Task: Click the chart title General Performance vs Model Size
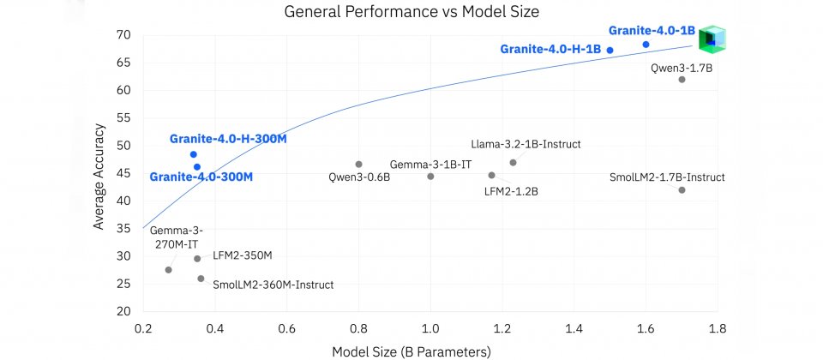coord(407,12)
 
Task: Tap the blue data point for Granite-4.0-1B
coord(646,45)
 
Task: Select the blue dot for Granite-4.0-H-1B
coord(610,51)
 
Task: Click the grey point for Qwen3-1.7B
coord(682,80)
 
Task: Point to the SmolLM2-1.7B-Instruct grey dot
coord(682,190)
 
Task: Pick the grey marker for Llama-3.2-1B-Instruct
coord(513,163)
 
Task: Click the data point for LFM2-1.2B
coord(491,176)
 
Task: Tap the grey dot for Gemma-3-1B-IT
coord(430,177)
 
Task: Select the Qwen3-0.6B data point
coord(358,165)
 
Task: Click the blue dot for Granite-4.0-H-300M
coord(194,154)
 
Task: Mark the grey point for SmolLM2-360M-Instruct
coord(201,279)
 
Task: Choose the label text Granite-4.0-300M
coord(201,177)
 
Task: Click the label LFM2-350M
coord(242,255)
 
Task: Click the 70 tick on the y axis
coord(123,35)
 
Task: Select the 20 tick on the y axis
coord(123,311)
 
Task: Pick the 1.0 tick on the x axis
coord(430,327)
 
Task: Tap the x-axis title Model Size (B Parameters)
coord(411,351)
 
